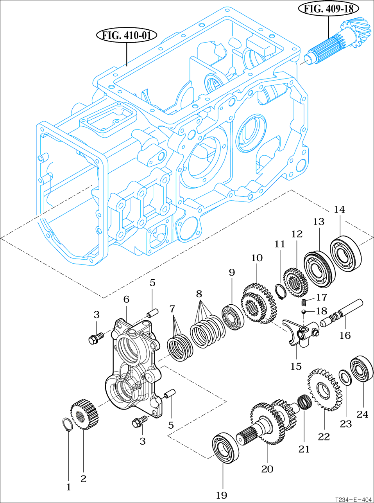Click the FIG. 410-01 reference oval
(x=127, y=35)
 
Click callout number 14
(x=339, y=209)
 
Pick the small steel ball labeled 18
(x=304, y=312)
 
